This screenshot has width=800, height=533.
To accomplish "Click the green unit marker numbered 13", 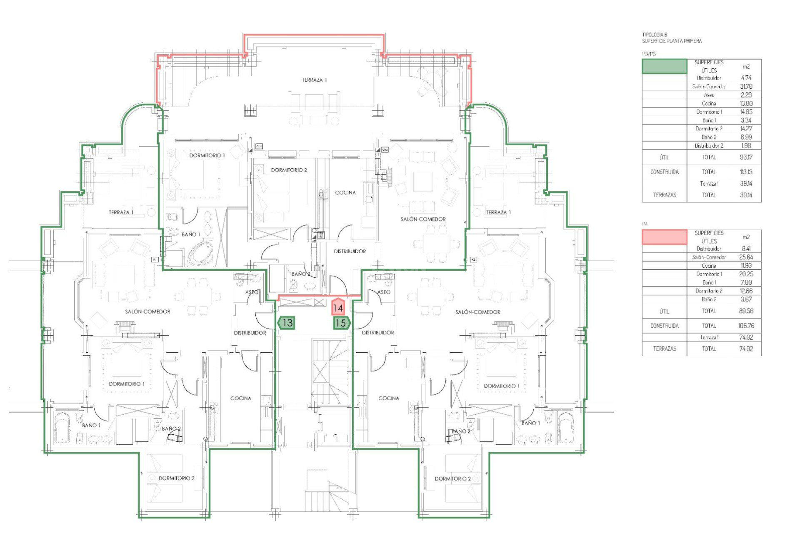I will (287, 323).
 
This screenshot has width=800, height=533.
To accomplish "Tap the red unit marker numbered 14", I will (338, 308).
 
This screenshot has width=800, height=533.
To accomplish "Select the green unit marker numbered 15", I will (341, 323).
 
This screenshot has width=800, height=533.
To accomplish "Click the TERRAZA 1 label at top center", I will (314, 80).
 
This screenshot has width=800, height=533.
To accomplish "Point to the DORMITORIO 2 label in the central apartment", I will (289, 170).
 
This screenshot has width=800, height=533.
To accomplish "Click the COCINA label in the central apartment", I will (345, 192).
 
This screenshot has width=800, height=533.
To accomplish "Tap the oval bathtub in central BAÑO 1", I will (200, 254).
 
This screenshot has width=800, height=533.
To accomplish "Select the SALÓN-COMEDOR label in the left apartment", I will (147, 311).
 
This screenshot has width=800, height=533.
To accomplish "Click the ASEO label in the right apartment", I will (384, 292).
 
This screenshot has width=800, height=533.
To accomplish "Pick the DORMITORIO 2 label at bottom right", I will (452, 478).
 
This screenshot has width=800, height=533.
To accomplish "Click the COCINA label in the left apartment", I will (240, 398).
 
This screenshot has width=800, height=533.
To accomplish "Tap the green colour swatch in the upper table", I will (664, 67).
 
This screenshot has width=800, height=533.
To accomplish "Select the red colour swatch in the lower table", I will (664, 237).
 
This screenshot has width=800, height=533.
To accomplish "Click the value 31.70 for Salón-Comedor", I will (746, 87).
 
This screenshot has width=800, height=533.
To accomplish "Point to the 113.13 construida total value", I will (746, 172).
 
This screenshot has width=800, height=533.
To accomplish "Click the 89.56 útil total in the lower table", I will (746, 311).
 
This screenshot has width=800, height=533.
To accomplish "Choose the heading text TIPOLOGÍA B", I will (655, 35).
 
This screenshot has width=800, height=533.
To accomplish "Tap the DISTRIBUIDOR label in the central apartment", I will (350, 252).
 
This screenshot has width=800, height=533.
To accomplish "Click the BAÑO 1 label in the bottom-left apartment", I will (91, 425).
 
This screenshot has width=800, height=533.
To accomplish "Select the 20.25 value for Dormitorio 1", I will (746, 274).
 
